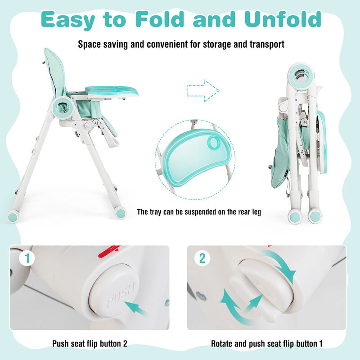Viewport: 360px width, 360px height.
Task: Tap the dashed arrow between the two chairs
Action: (202, 90)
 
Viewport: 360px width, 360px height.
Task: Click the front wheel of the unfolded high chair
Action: (120, 212)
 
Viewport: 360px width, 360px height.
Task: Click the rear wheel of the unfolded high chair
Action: (14, 216)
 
